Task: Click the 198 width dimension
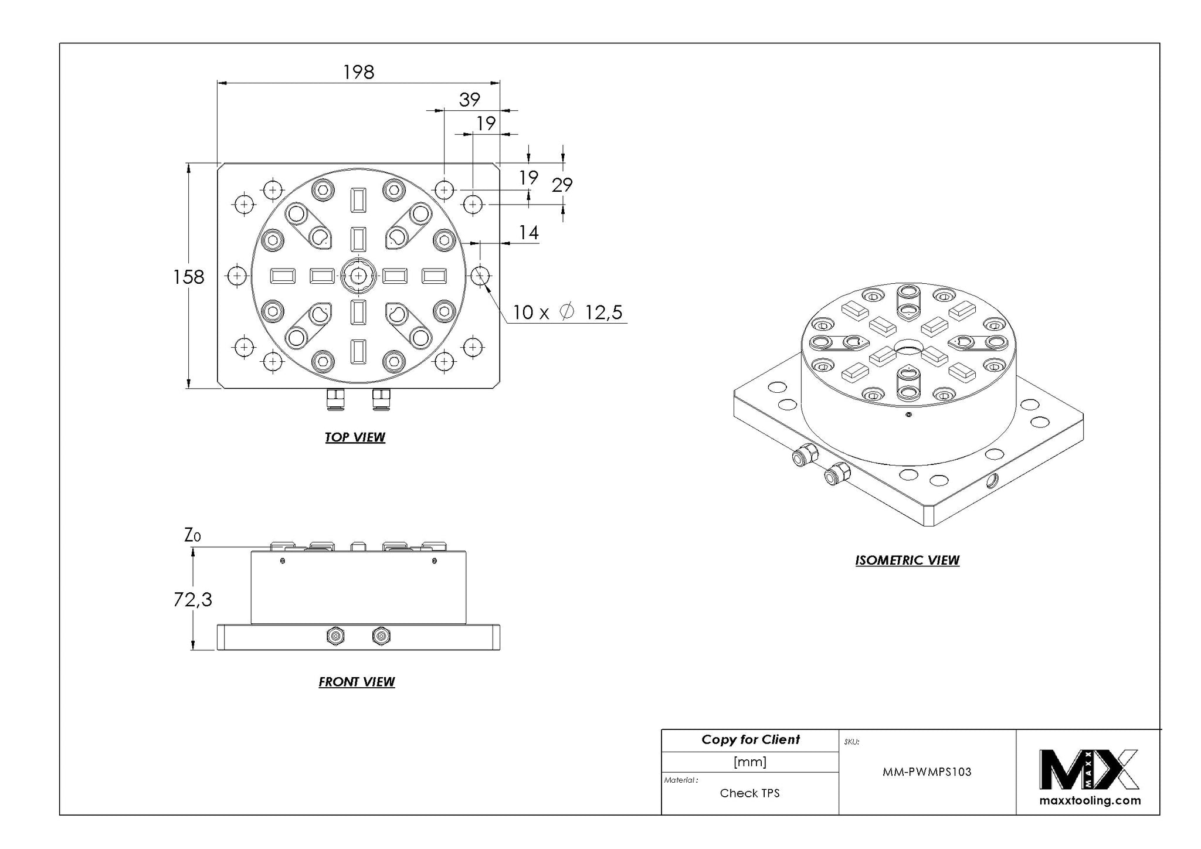[358, 72]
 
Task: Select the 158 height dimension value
[188, 277]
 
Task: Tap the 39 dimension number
[470, 100]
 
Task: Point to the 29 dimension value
[562, 185]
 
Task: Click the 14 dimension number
[528, 233]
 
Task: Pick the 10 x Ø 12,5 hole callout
[567, 313]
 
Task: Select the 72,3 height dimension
[192, 599]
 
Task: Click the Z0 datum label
[192, 535]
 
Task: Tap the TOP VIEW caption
[355, 437]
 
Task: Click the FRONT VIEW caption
[357, 682]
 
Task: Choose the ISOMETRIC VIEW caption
[907, 561]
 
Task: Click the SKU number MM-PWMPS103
[927, 772]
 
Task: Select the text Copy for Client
[751, 740]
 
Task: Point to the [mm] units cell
[750, 762]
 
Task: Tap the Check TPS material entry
[750, 793]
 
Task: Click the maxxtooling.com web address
[1090, 801]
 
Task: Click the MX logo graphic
[1089, 769]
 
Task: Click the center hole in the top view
[358, 275]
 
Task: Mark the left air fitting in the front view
[335, 636]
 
